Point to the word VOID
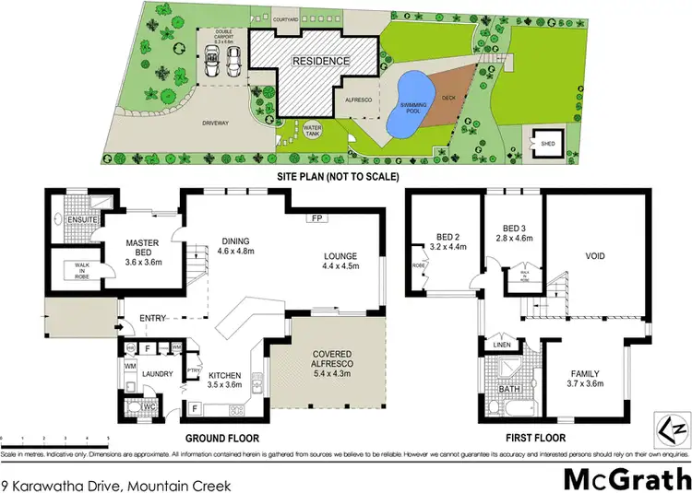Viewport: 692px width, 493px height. point(594,256)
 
